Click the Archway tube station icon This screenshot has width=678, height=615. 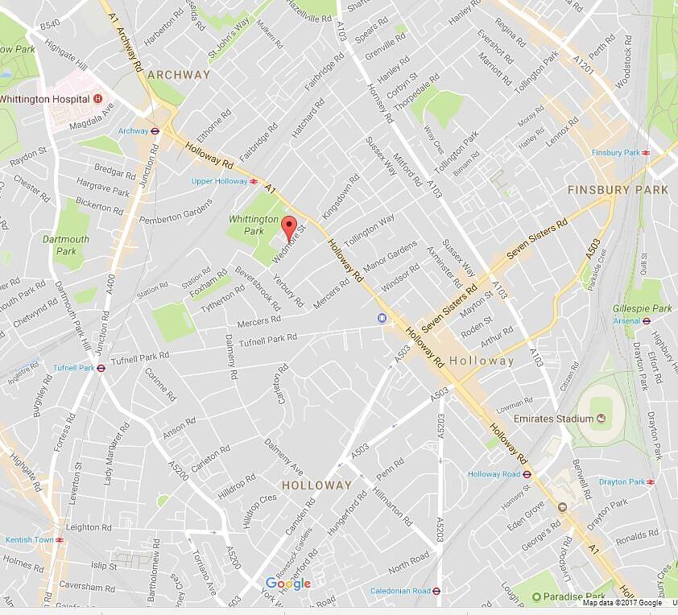pos(155,130)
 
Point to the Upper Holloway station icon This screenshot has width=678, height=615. pos(254,181)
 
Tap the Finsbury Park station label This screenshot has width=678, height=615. pos(614,152)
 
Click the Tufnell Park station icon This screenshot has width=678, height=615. pos(101,368)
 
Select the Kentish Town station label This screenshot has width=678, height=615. pos(28,539)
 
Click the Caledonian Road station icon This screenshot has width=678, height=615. pos(436,590)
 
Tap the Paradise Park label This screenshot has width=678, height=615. pos(573,596)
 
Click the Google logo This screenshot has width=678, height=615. pos(287,584)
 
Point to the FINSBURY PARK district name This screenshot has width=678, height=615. pos(618,190)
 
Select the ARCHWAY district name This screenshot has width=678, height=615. pos(178,75)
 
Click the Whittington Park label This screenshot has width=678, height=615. pos(253,225)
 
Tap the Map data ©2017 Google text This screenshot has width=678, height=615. pos(622,603)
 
